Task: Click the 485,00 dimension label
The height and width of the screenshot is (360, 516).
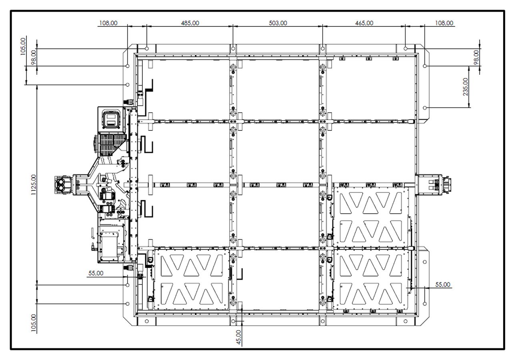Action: (x=190, y=23)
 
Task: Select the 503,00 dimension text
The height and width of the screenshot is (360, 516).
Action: (x=278, y=23)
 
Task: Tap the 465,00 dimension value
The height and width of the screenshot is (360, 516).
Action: (x=364, y=23)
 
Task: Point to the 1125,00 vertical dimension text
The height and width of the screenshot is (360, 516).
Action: (x=34, y=185)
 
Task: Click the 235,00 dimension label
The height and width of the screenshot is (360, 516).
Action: (x=466, y=87)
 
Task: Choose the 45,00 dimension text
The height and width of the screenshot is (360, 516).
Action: (x=239, y=337)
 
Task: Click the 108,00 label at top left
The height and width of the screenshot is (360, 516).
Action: (x=108, y=23)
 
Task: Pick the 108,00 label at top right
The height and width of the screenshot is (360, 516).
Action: (x=444, y=23)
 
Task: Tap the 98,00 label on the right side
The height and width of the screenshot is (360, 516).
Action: (x=477, y=57)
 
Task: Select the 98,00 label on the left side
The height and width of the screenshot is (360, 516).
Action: (x=34, y=57)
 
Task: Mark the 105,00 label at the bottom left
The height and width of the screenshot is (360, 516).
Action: (x=34, y=323)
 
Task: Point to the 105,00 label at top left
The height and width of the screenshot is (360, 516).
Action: (x=23, y=46)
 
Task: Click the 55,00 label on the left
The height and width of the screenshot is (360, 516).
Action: (x=96, y=273)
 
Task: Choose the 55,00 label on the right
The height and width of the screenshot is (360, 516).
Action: (x=443, y=285)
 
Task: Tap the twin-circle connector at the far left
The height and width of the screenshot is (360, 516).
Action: (x=63, y=185)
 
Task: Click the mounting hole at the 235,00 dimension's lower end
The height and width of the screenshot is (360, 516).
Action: (x=425, y=108)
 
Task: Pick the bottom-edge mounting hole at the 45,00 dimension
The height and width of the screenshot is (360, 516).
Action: (x=233, y=321)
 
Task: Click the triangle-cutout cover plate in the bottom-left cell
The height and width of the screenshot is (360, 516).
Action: (x=192, y=279)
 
